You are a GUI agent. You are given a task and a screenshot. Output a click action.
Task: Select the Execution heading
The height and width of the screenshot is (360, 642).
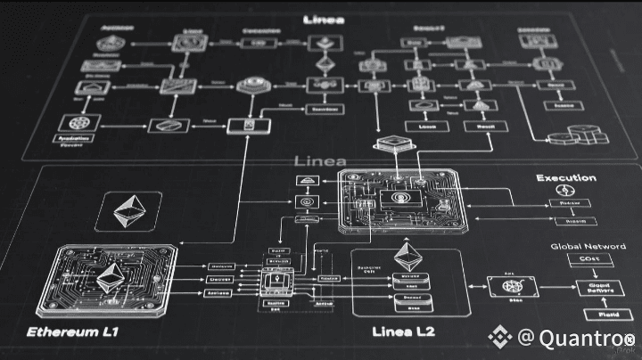pos(566,178)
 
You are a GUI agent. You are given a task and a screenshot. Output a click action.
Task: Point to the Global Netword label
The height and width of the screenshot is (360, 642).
pos(580,246)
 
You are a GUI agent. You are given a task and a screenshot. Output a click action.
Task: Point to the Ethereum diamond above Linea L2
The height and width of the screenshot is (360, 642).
pos(408,258)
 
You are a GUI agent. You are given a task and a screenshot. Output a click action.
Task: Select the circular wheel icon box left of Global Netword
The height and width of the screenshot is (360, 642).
pos(513,287)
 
